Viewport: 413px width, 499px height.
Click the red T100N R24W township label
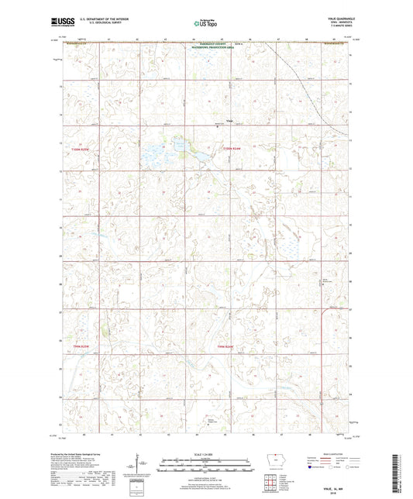[x=232, y=149]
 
